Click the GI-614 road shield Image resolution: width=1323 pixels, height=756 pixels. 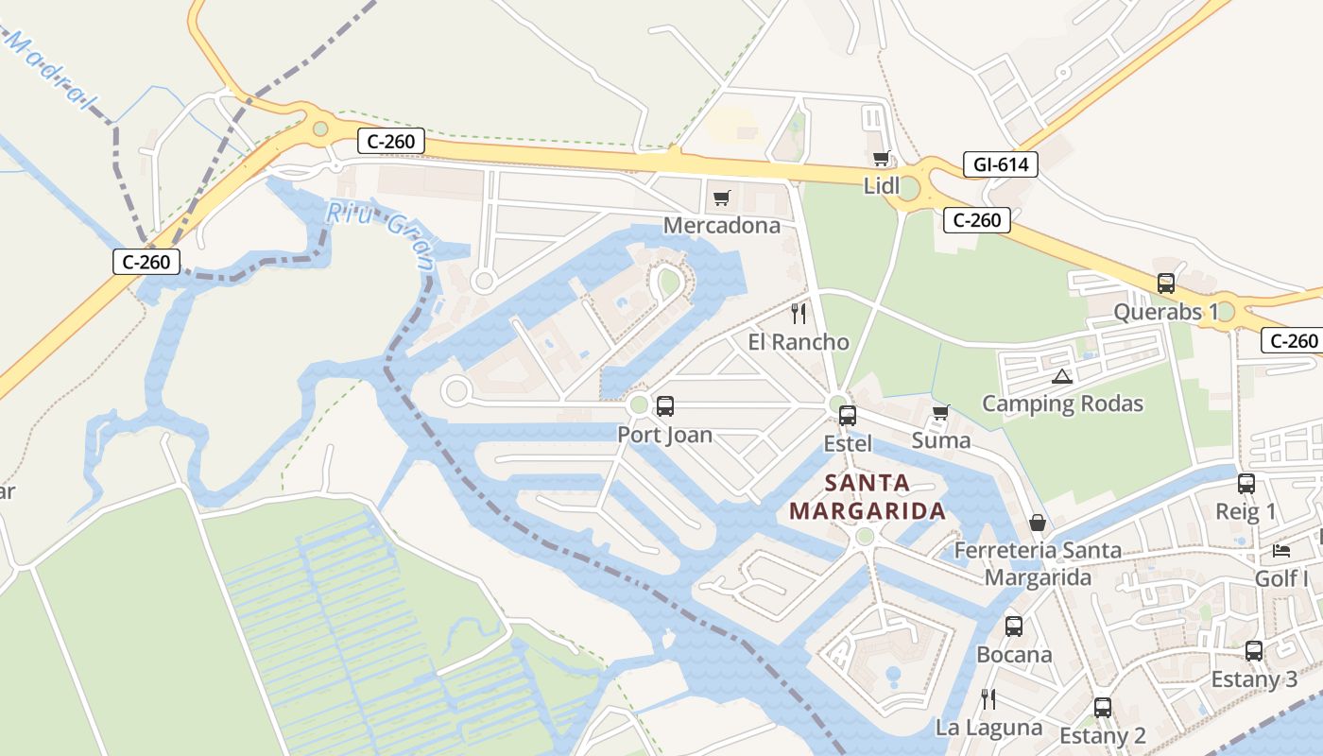(1001, 164)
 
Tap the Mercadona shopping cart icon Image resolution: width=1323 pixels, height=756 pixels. (722, 198)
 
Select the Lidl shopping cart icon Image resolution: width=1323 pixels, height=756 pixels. (882, 159)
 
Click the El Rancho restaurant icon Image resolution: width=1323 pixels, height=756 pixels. (799, 313)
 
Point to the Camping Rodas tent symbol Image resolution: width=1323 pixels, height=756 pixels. (1062, 376)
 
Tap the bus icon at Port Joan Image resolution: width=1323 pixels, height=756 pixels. (665, 406)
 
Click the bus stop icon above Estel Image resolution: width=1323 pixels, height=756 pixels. (848, 415)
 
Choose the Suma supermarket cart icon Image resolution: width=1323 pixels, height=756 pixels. (940, 412)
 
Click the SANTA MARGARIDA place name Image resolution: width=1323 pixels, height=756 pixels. (868, 497)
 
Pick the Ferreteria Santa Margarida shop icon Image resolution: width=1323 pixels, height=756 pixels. (1038, 523)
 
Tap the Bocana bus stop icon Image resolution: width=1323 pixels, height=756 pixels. (1014, 626)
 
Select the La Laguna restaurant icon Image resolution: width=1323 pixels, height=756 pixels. (988, 699)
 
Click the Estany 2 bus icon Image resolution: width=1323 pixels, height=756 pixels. (1103, 707)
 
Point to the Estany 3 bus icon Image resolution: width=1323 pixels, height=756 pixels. (1254, 650)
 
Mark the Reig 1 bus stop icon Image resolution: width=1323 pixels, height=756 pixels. (1246, 484)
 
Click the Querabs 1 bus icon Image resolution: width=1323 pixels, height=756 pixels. (1166, 283)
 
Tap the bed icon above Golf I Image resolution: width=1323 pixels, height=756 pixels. (1281, 550)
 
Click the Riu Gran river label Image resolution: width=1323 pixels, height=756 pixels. (379, 227)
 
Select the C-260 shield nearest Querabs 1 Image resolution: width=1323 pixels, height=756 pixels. (1291, 341)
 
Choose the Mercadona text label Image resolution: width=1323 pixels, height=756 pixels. (722, 225)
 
